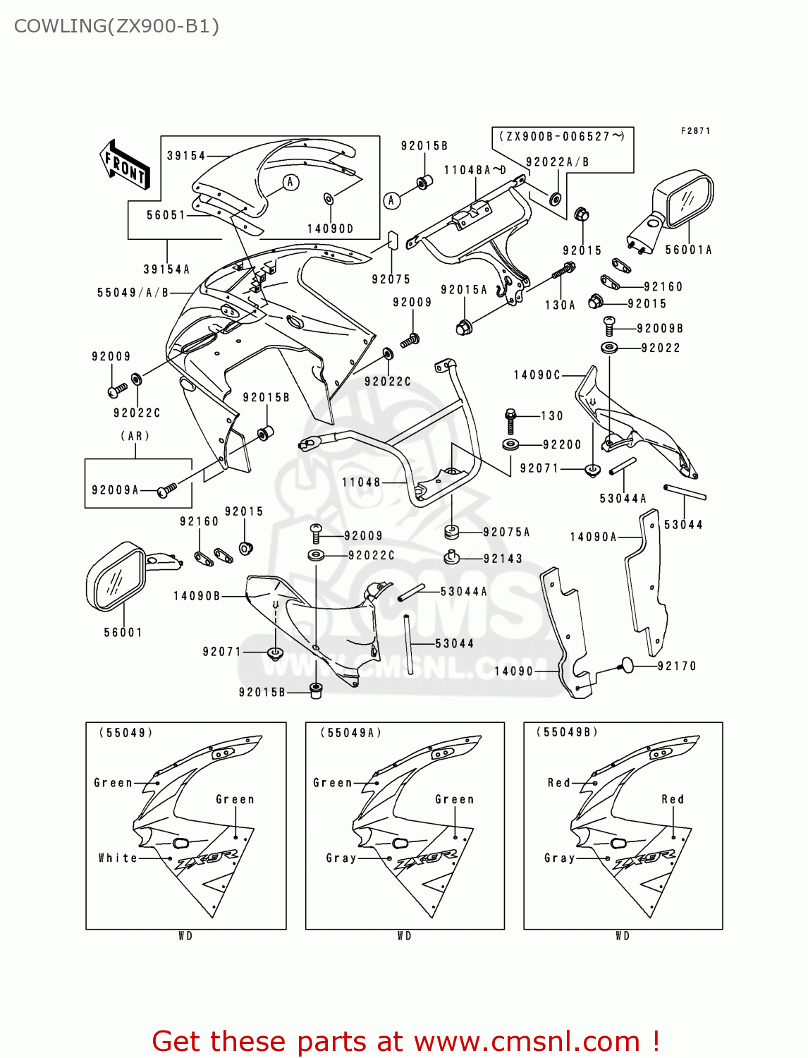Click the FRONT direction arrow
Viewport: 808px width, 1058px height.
(x=126, y=164)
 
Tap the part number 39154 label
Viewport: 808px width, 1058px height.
(x=186, y=156)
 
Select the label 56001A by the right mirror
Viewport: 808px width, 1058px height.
(x=688, y=250)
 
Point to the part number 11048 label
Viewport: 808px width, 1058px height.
(x=361, y=482)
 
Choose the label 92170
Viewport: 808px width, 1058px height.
(x=676, y=666)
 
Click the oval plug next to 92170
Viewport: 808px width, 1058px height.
(x=626, y=664)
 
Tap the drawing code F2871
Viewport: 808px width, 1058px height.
(x=695, y=131)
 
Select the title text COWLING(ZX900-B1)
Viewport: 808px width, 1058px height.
(x=116, y=26)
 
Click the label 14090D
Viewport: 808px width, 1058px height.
(x=330, y=229)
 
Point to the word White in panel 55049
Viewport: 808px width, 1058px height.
(x=118, y=858)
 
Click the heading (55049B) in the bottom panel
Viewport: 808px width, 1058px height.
(x=567, y=732)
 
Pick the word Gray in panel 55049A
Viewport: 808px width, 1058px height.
(x=341, y=858)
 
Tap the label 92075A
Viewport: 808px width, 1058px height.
(x=506, y=533)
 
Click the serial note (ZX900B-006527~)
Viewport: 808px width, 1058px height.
(x=562, y=137)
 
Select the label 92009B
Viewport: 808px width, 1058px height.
(x=660, y=329)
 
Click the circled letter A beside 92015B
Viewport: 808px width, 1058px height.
(x=392, y=200)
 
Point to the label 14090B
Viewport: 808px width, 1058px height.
(x=197, y=596)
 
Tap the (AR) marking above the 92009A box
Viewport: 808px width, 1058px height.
(x=135, y=437)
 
